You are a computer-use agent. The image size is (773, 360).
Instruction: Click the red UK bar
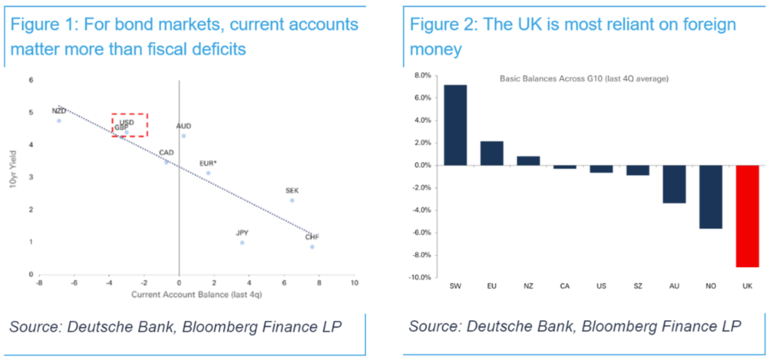[747, 216]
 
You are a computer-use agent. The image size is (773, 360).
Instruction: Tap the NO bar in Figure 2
[710, 196]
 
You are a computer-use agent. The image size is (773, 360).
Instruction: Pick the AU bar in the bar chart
[673, 183]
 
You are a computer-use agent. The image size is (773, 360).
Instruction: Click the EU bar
[491, 152]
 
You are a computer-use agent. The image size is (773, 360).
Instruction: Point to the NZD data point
[59, 120]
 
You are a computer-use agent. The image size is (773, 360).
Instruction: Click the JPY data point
[242, 242]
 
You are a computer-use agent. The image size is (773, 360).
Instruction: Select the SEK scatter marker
[292, 200]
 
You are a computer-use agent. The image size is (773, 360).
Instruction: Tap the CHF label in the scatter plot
[312, 237]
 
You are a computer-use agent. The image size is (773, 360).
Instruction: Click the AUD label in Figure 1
[184, 125]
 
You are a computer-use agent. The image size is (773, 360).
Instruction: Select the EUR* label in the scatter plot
[209, 162]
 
